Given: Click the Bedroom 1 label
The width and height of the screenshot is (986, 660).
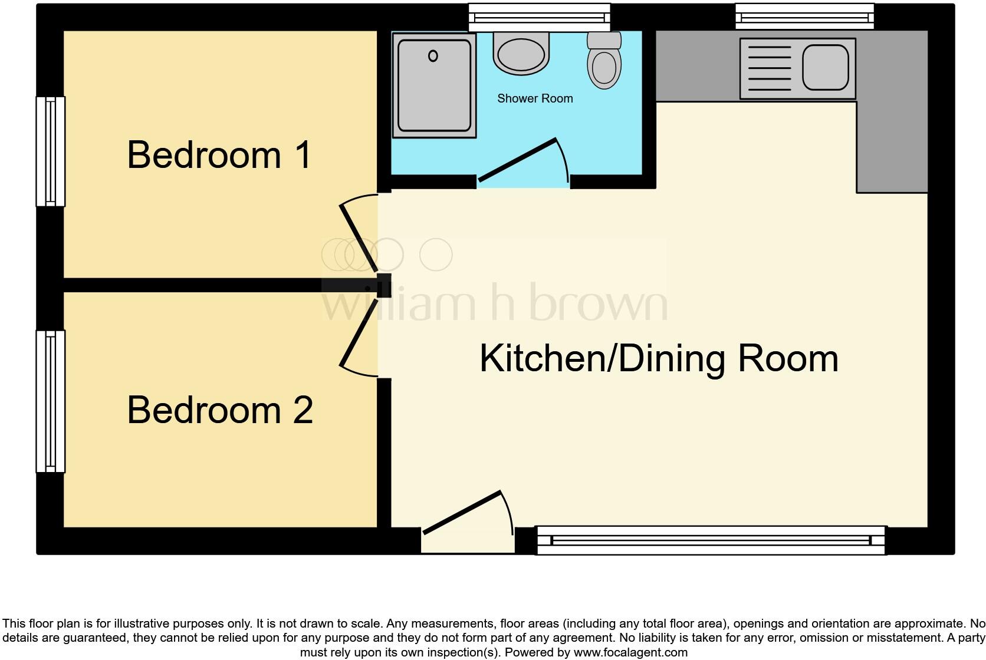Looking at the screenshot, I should point(219,155).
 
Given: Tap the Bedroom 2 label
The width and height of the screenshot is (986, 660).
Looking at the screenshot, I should point(219,410).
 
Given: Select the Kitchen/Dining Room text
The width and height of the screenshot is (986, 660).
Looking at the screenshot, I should point(659,358).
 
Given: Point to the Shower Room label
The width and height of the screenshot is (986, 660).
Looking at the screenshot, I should point(535,98).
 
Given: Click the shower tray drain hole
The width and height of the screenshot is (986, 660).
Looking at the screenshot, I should point(433,56).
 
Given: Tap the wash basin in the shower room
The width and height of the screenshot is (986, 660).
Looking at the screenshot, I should point(521,54).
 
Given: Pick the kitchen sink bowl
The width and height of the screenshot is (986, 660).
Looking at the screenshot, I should point(825,68).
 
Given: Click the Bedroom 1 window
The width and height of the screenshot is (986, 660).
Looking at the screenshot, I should point(51,151).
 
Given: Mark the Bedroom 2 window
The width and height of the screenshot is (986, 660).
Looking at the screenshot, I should point(51,401).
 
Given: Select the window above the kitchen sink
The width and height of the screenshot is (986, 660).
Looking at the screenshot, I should point(804,16).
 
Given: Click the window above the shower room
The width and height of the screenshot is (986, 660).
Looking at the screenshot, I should point(539,18).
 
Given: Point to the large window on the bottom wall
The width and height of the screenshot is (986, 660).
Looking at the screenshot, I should point(711,540).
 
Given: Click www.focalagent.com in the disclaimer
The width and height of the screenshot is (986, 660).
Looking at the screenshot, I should point(630,652).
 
